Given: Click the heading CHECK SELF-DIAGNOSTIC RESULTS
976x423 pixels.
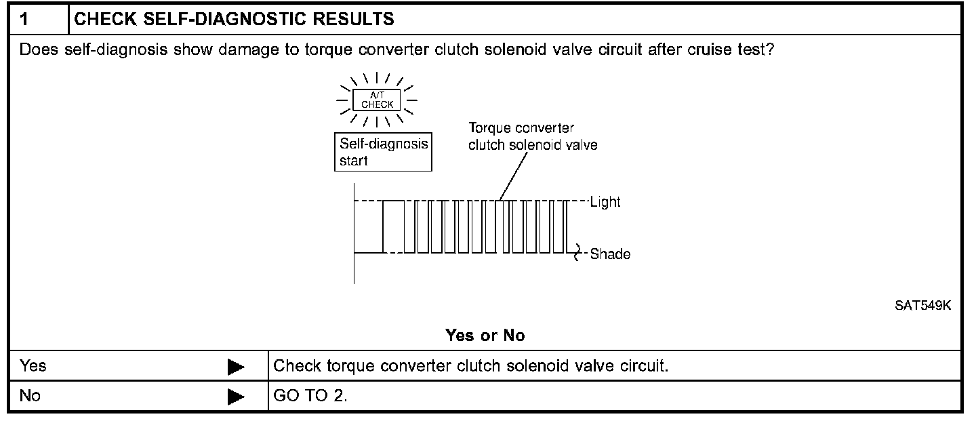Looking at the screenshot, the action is pyautogui.click(x=234, y=19).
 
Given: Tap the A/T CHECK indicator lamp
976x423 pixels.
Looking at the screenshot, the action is pyautogui.click(x=377, y=100).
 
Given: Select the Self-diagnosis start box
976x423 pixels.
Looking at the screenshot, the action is pyautogui.click(x=383, y=153).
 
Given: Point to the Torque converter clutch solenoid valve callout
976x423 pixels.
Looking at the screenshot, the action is pyautogui.click(x=533, y=136).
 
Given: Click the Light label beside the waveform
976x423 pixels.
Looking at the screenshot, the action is pyautogui.click(x=605, y=202).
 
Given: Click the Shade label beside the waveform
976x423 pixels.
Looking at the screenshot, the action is pyautogui.click(x=610, y=255).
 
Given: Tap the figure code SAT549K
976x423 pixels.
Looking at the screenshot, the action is pyautogui.click(x=922, y=306).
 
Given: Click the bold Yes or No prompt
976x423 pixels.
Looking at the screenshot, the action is pyautogui.click(x=485, y=335).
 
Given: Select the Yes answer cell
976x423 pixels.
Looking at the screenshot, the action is pyautogui.click(x=33, y=366).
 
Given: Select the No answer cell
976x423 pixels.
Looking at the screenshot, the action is pyautogui.click(x=30, y=395).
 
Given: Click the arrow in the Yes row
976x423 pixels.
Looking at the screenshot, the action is pyautogui.click(x=236, y=367).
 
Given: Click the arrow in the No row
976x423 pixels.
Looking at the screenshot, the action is pyautogui.click(x=236, y=397).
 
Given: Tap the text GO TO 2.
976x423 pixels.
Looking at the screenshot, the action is pyautogui.click(x=310, y=395).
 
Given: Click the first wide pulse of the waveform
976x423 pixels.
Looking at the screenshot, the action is pyautogui.click(x=393, y=226).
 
